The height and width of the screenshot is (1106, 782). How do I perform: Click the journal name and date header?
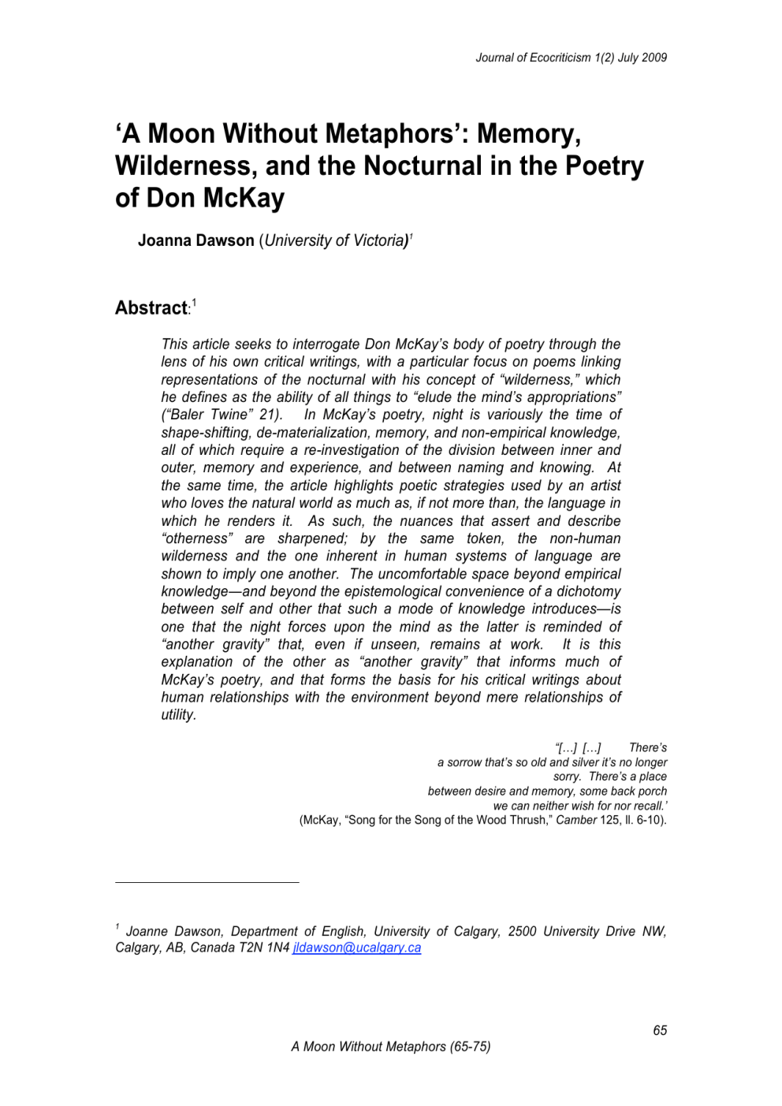pyautogui.click(x=571, y=58)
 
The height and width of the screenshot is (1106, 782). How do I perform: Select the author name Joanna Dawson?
pyautogui.click(x=195, y=240)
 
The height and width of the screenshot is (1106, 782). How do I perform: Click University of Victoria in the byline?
pyautogui.click(x=333, y=240)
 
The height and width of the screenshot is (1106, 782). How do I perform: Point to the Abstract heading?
pyautogui.click(x=151, y=308)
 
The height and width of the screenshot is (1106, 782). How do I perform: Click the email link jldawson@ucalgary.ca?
pyautogui.click(x=356, y=948)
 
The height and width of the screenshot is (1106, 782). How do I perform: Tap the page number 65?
pyautogui.click(x=660, y=1030)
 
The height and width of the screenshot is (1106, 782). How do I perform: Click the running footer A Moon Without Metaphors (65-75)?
pyautogui.click(x=390, y=1047)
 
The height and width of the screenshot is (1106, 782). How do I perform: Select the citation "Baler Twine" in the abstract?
pyautogui.click(x=206, y=415)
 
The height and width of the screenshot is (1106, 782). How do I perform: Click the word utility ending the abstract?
pyautogui.click(x=177, y=715)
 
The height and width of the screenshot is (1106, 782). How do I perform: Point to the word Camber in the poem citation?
pyautogui.click(x=576, y=820)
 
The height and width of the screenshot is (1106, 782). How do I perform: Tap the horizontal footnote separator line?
pyautogui.click(x=207, y=882)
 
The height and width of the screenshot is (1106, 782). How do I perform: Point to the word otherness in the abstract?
pyautogui.click(x=197, y=538)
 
